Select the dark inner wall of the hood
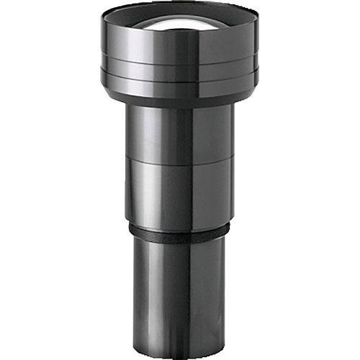pos(130,17)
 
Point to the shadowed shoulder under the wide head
pos(180,102)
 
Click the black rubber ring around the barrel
pos(180,233)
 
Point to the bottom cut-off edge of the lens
pos(180,357)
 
